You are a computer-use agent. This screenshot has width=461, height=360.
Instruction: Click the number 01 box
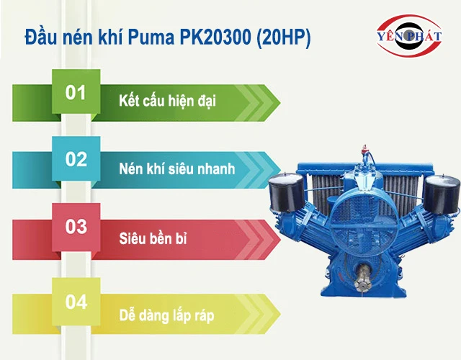[x=76, y=93]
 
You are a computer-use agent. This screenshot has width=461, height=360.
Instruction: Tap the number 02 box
[x=76, y=160]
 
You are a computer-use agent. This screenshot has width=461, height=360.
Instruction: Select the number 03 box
[x=76, y=227]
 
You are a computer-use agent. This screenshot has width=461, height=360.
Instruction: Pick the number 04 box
[x=76, y=302]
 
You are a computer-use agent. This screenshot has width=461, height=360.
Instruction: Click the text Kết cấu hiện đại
[x=167, y=100]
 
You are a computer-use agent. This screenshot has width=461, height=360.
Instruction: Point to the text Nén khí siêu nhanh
[x=176, y=167]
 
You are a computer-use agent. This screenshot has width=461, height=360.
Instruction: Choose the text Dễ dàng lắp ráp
[x=166, y=315]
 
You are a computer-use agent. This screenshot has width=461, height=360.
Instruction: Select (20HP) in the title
[x=282, y=37]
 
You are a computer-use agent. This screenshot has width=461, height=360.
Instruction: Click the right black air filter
[x=440, y=193]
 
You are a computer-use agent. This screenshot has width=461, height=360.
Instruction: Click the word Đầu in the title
[x=40, y=37]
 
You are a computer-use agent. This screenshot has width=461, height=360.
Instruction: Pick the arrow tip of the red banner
[x=277, y=235]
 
